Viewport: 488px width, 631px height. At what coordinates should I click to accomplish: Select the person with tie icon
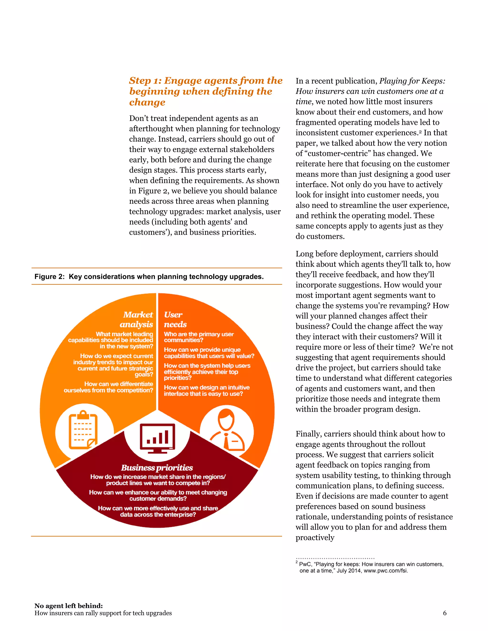coord(227,431)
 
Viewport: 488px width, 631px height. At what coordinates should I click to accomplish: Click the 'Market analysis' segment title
coord(137,319)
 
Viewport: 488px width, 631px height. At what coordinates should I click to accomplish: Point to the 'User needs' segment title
coord(175,319)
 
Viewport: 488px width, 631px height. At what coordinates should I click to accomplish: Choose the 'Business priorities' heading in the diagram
coord(157,467)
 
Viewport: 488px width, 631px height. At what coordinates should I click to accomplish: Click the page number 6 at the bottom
coord(445,613)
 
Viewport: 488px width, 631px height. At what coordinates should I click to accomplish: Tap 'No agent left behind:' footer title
coord(69,606)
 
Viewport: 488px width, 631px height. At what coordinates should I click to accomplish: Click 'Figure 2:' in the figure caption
coord(49,276)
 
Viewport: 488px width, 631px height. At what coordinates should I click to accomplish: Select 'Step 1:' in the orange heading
coord(145,81)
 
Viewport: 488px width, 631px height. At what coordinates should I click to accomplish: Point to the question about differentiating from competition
coord(108,387)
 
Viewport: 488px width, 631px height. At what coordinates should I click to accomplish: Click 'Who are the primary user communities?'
coord(199,337)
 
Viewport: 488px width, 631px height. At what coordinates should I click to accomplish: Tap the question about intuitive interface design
coord(206,390)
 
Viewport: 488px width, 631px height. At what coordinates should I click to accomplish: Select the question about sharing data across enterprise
coord(158,511)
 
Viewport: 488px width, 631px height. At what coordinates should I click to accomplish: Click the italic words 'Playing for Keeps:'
coord(412,81)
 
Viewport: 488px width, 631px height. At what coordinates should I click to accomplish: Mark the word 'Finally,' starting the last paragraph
coord(309,434)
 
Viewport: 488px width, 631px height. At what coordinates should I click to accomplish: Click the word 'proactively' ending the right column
coord(315,537)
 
